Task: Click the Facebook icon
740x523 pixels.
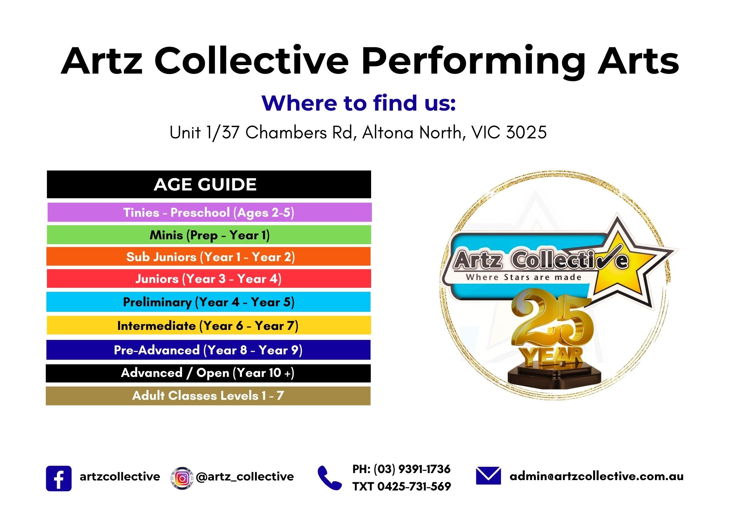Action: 58,478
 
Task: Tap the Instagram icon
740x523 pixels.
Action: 182,478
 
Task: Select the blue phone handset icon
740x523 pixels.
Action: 329,478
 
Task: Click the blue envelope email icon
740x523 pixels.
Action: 488,476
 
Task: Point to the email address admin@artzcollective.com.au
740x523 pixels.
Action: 596,476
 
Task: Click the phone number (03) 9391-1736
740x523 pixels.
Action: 412,469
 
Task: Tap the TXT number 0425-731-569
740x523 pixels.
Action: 414,486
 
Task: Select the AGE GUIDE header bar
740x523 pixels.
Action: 209,184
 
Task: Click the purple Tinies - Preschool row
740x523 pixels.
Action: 209,212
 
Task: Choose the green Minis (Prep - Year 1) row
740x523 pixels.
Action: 209,235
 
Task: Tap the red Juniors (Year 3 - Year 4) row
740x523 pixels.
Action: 209,279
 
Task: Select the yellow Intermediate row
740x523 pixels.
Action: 209,325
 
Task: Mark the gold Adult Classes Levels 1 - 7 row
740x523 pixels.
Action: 208,396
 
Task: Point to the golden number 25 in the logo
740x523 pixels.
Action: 551,320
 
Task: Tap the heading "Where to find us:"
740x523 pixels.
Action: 358,103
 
